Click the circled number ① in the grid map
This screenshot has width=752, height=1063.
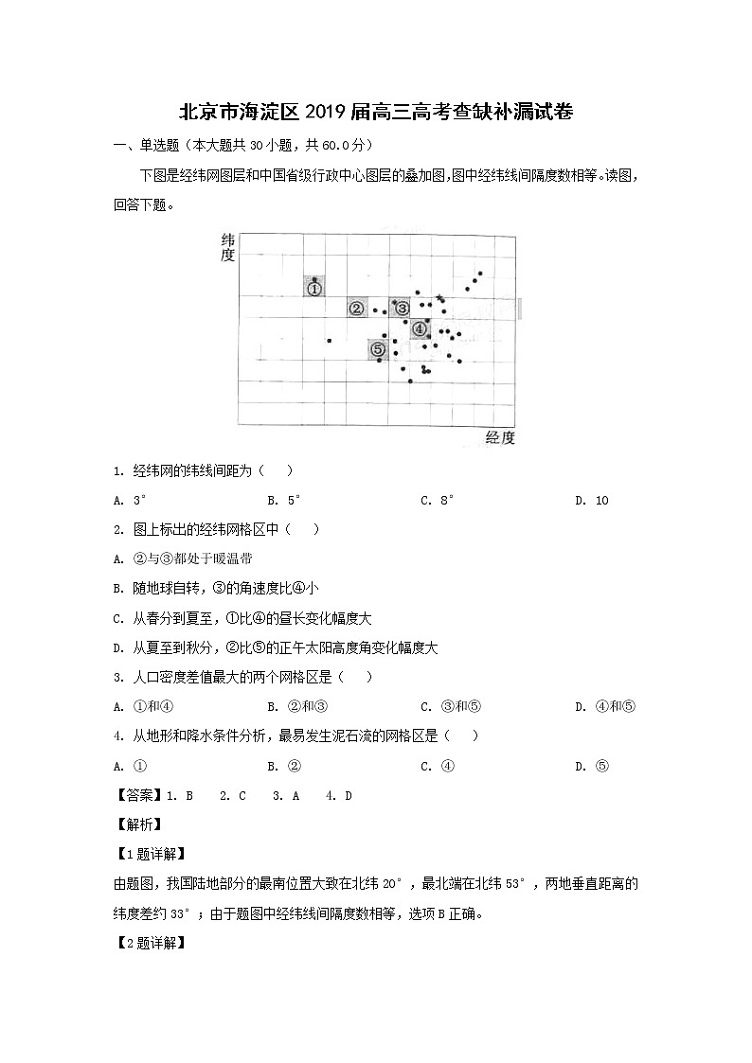coord(314,289)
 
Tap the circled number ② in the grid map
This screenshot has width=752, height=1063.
coord(357,309)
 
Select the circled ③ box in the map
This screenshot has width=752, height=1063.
coord(402,309)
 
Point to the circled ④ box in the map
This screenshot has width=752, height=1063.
coord(420,329)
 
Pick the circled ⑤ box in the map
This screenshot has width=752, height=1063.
coord(377,349)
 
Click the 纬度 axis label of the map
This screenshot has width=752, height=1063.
coord(227,248)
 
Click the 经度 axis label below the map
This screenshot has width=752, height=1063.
coord(499,436)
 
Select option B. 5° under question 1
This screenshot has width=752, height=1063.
coord(284,501)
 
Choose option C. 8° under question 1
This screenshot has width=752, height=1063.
coord(438,501)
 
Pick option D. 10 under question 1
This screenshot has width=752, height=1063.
coord(592,501)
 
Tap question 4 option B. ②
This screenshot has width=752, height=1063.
coord(284,767)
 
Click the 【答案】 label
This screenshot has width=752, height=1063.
coord(135,796)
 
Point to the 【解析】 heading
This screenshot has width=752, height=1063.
coord(135,825)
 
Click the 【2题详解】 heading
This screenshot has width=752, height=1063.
coord(149,944)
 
